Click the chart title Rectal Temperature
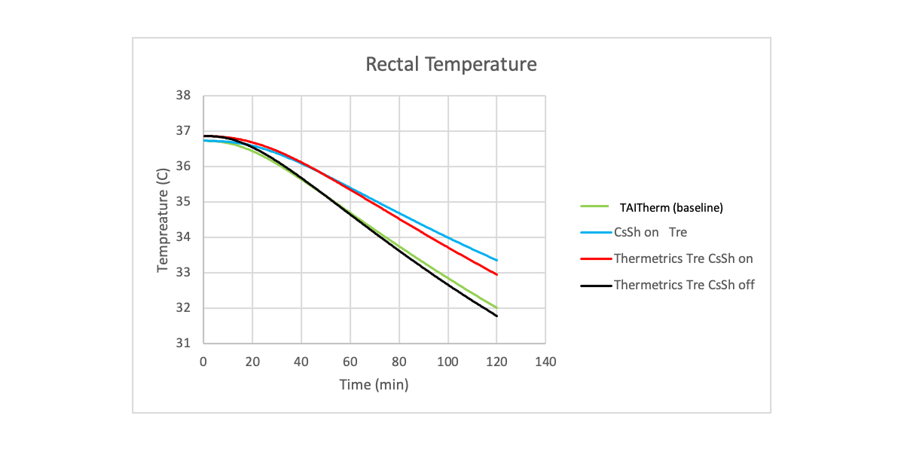[x=451, y=64]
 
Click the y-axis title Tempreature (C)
[x=163, y=219]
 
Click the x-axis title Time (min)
[x=374, y=385]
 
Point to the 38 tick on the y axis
[x=184, y=96]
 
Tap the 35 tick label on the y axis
[x=184, y=202]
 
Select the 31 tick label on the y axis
[x=184, y=344]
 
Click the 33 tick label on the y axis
[x=184, y=273]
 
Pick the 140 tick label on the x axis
[x=545, y=362]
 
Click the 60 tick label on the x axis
[x=350, y=362]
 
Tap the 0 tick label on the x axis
[x=203, y=362]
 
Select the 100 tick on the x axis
[x=447, y=362]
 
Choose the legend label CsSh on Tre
[x=650, y=233]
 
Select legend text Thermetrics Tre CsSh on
[x=683, y=258]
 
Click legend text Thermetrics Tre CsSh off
[x=684, y=285]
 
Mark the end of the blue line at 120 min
[x=497, y=260]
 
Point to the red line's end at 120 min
[x=497, y=274]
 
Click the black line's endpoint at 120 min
[x=497, y=316]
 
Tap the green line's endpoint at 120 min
[x=497, y=307]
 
